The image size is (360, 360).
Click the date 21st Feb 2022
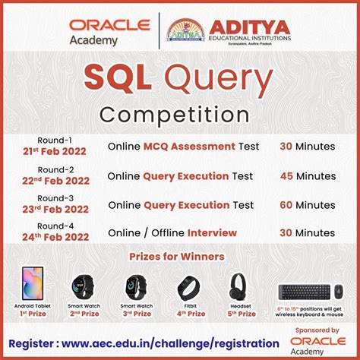tap(55, 151)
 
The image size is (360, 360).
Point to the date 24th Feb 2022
tap(55, 237)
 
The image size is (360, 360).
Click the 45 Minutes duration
tap(305, 175)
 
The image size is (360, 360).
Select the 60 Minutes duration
tap(305, 204)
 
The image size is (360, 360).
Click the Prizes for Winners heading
tap(180, 256)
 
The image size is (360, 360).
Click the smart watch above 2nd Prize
tap(84, 286)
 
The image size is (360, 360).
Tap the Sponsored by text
tap(317, 331)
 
